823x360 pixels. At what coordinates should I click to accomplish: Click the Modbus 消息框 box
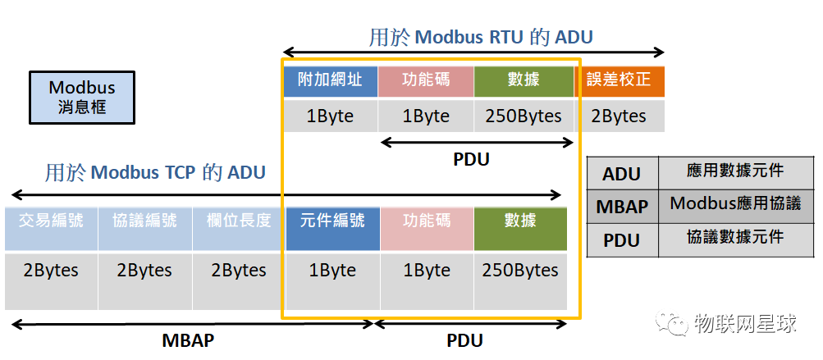81,97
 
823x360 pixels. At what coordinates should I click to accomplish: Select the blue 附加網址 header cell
330,80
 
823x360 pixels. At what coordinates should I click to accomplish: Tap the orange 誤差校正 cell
620,80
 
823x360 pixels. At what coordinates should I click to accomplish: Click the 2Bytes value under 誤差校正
620,116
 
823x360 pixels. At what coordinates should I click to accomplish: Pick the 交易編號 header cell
51,221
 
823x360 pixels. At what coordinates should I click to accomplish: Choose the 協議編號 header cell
145,221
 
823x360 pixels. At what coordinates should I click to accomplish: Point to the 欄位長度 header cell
239,221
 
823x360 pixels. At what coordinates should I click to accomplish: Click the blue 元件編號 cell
332,221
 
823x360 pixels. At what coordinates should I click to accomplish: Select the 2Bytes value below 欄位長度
239,271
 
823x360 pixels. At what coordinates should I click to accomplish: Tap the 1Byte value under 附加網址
330,116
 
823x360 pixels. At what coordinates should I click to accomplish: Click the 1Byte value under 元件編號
332,271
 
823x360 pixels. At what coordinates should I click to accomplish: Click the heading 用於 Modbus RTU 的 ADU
481,37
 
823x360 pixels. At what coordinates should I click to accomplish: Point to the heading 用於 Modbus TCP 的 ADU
155,172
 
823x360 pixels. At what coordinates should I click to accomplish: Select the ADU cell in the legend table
621,174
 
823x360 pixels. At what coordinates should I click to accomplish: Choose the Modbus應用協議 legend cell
735,204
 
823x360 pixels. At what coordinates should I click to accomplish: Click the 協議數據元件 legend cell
735,237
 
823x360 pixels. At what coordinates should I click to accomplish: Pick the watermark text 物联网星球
745,324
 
